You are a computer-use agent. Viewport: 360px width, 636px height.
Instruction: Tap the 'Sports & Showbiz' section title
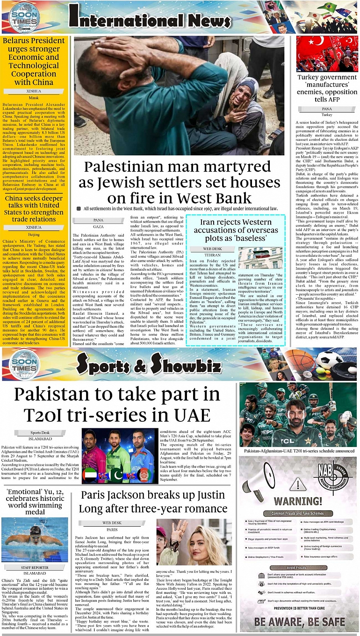pyautogui.click(x=149, y=362)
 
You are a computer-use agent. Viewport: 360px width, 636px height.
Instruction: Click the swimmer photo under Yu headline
pyautogui.click(x=35, y=539)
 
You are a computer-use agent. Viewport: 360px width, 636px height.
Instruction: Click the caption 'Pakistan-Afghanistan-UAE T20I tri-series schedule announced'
pyautogui.click(x=298, y=451)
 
